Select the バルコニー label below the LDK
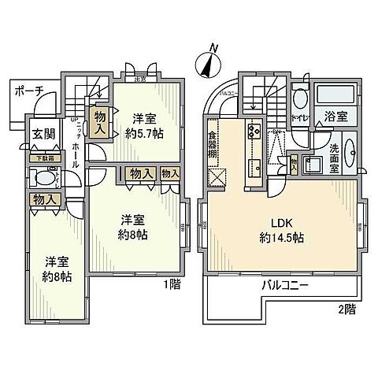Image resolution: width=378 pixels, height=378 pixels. click(285, 284)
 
